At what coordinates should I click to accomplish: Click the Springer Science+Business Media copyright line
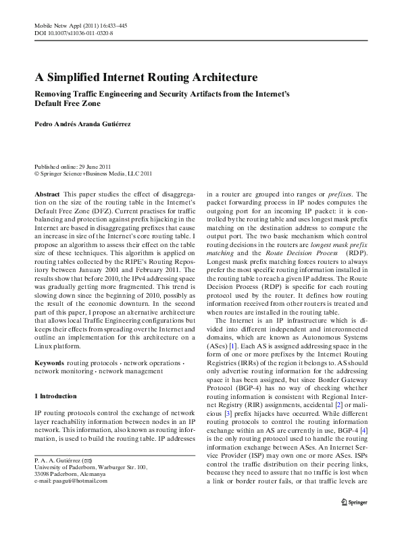coord(93,173)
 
